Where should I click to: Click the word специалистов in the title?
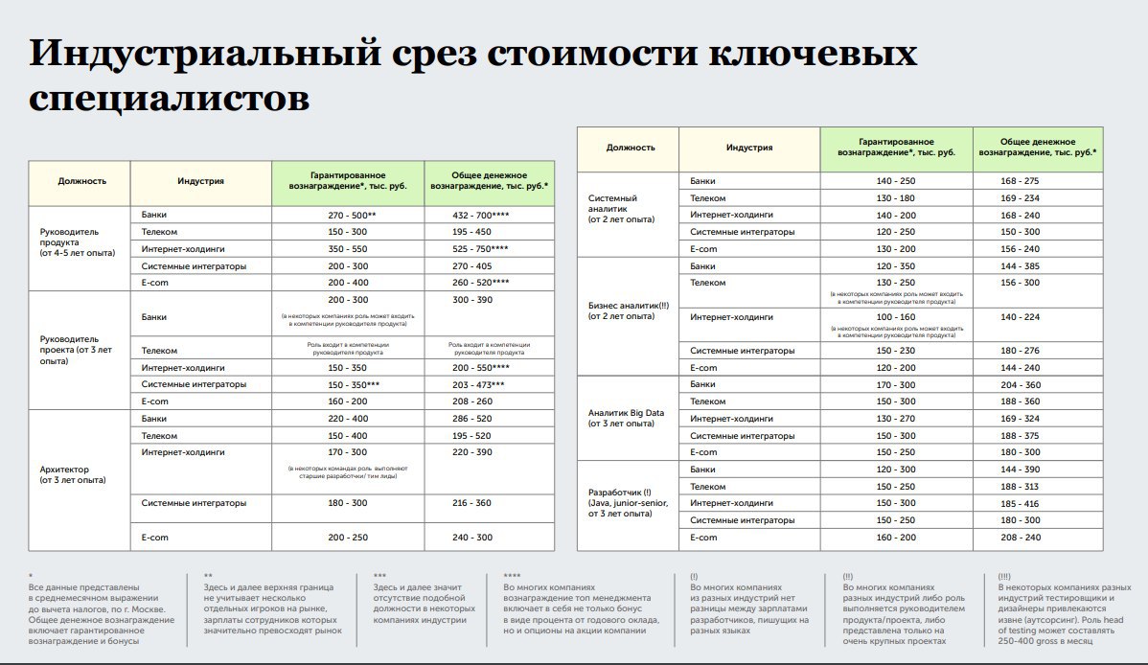click(x=170, y=98)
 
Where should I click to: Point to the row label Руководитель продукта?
click(x=71, y=241)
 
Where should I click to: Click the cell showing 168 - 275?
click(x=1021, y=180)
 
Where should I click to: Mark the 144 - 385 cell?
click(x=1021, y=265)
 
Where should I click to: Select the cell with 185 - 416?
click(x=1021, y=503)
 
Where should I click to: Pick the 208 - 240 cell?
click(x=1021, y=538)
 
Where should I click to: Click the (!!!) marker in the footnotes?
click(x=1004, y=576)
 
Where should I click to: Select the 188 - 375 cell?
click(x=1021, y=435)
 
